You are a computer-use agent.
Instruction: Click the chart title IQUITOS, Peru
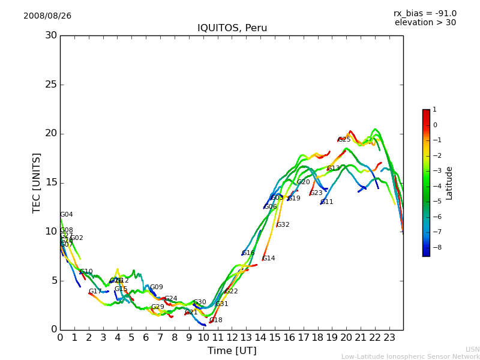(x=232, y=28)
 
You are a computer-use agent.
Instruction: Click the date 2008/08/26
(x=47, y=16)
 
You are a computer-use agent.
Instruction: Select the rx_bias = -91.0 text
(x=425, y=13)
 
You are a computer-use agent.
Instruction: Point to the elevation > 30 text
(x=425, y=23)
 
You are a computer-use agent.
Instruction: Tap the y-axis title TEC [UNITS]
(x=37, y=182)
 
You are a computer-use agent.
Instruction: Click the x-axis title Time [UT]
(x=232, y=351)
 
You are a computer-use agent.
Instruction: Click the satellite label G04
(x=66, y=215)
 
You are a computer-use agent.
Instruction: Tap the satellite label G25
(x=344, y=140)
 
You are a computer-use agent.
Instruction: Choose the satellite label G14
(x=268, y=259)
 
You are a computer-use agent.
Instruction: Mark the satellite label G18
(x=215, y=320)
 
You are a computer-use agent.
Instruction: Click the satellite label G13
(x=333, y=169)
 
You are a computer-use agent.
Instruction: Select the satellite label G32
(x=283, y=225)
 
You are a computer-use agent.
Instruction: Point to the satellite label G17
(x=95, y=292)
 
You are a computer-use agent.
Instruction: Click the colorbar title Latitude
(x=449, y=183)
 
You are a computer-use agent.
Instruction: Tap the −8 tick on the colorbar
(x=435, y=247)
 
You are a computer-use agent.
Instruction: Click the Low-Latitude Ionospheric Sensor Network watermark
(x=410, y=357)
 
